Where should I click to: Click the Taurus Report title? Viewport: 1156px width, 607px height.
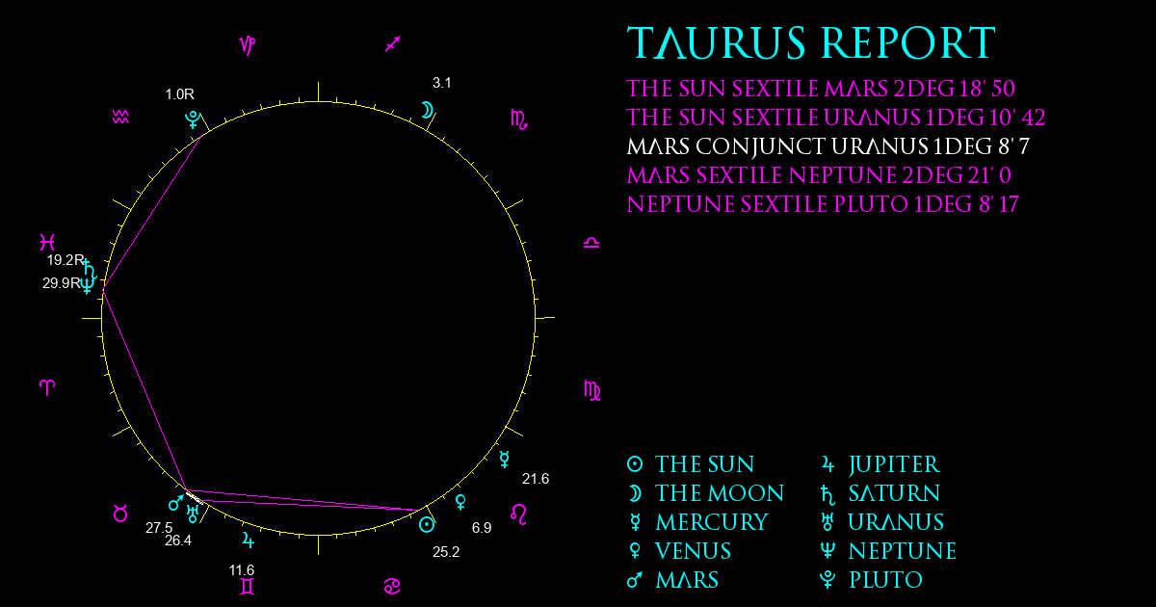(811, 42)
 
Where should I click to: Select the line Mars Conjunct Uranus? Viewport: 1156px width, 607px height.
(828, 146)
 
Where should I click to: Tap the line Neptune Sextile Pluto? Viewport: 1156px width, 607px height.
(823, 204)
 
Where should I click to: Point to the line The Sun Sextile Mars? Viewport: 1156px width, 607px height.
(821, 89)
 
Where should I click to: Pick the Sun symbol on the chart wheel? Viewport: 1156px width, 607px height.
(427, 525)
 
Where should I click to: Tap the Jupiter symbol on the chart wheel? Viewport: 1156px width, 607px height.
(249, 540)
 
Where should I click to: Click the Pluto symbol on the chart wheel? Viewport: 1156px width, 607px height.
(193, 119)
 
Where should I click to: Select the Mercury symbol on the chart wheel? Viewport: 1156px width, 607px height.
(504, 459)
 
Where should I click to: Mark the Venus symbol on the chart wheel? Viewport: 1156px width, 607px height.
(460, 502)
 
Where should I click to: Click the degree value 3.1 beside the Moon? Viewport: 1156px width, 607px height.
(442, 83)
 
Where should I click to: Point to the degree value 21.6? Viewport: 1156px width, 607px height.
(536, 479)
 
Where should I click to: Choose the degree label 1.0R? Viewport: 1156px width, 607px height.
(179, 94)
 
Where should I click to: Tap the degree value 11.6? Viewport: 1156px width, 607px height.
(242, 569)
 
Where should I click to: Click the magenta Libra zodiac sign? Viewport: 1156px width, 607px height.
(591, 243)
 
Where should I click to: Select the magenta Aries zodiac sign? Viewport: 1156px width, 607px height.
(47, 387)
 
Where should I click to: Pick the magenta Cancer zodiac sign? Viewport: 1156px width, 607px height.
(392, 587)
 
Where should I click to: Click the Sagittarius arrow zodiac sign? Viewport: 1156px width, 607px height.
(393, 44)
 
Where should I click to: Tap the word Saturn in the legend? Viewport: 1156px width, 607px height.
(894, 493)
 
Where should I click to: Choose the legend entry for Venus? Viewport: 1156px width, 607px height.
(680, 551)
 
